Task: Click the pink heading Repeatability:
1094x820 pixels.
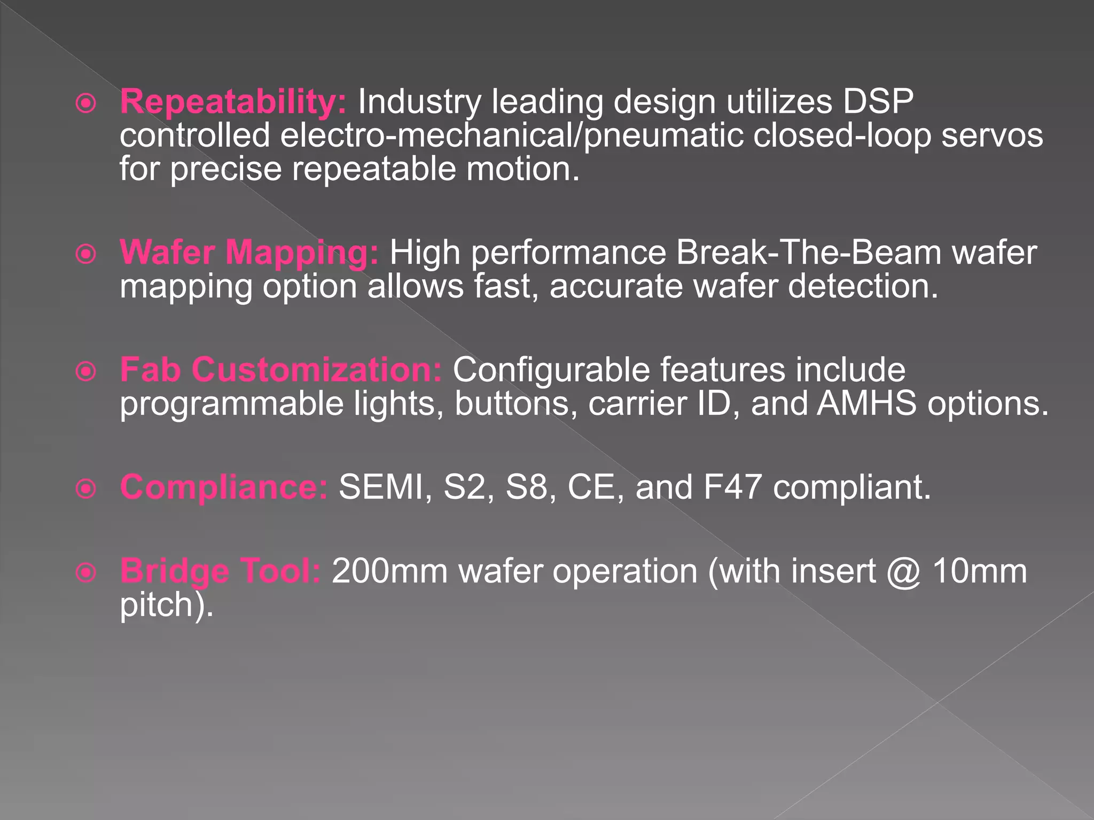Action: pyautogui.click(x=233, y=101)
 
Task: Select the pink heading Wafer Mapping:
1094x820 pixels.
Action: pyautogui.click(x=249, y=252)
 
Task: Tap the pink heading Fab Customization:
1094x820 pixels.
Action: pyautogui.click(x=281, y=369)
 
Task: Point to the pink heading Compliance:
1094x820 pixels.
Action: pyautogui.click(x=224, y=487)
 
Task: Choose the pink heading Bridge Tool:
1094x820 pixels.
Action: pyautogui.click(x=220, y=571)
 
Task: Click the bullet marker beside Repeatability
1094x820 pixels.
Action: pyautogui.click(x=86, y=104)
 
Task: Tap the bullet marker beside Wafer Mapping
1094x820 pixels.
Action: pyautogui.click(x=86, y=254)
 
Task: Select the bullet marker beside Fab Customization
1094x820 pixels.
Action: pyautogui.click(x=86, y=372)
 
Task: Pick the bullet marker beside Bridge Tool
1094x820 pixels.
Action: pyautogui.click(x=86, y=573)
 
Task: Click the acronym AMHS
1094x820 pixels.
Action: pyautogui.click(x=866, y=403)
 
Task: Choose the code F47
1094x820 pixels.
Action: pyautogui.click(x=732, y=487)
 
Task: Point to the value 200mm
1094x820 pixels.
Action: pyautogui.click(x=389, y=571)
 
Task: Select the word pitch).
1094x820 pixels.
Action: pyautogui.click(x=166, y=605)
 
